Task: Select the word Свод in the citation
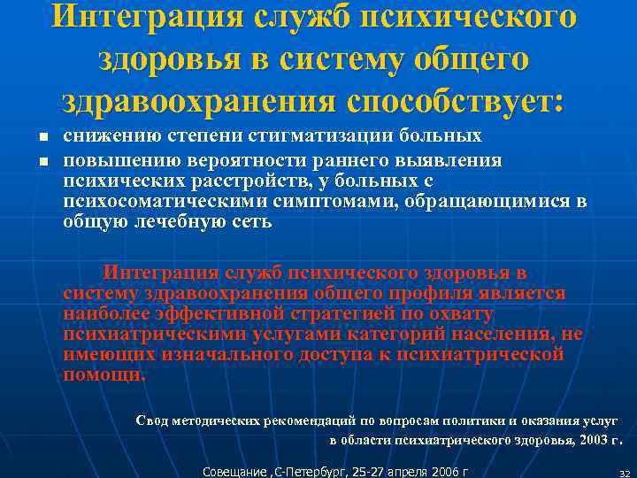151,420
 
